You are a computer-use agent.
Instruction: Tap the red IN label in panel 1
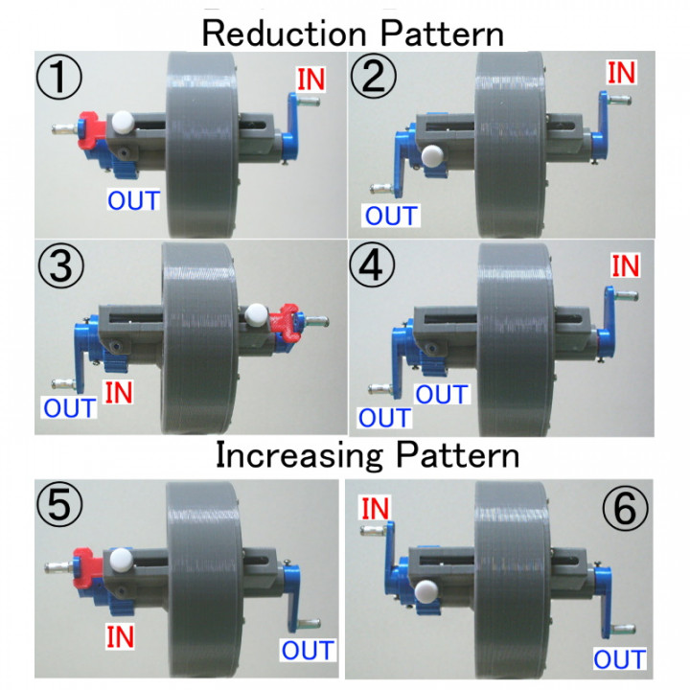tap(310, 79)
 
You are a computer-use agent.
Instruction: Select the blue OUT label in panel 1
tap(134, 200)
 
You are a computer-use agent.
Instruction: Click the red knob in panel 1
tap(92, 129)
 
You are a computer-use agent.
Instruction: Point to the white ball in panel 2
tap(432, 153)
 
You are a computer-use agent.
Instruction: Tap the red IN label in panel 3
tap(118, 392)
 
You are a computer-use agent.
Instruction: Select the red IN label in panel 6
tap(375, 507)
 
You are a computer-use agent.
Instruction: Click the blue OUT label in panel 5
tap(309, 652)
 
